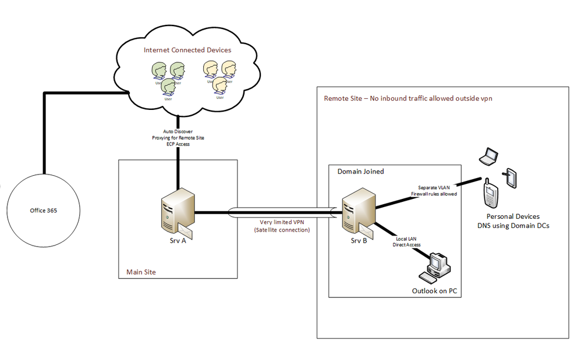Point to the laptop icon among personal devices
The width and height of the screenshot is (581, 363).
[487, 156]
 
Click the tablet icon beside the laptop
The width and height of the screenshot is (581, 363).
[510, 178]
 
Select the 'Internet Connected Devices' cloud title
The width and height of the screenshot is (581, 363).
[187, 50]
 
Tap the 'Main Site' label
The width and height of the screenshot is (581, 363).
[141, 272]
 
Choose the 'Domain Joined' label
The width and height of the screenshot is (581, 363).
[361, 172]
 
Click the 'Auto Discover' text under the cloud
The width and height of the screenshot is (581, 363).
[178, 131]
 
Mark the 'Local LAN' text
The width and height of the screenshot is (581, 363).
[405, 239]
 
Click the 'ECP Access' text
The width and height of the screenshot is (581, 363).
[178, 144]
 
